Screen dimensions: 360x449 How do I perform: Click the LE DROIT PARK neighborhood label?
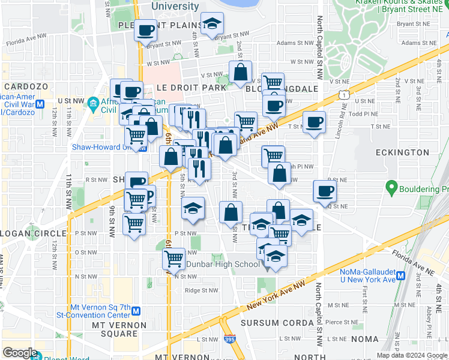(191, 88)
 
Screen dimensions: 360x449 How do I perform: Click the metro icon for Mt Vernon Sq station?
(136, 311)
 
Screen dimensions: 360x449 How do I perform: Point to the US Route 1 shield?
(343, 94)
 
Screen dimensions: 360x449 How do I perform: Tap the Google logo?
(19, 353)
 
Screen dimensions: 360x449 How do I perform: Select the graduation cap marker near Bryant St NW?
(211, 24)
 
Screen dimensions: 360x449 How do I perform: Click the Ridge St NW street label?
(201, 290)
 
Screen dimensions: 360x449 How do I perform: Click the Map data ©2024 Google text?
(411, 355)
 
